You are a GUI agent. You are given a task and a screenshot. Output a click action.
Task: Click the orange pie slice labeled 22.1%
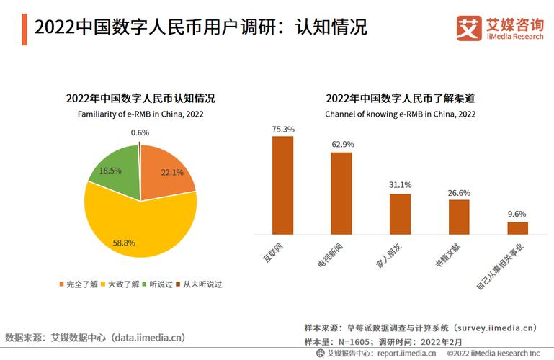(x=168, y=169)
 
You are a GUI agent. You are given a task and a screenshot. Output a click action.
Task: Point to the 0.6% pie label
(x=140, y=132)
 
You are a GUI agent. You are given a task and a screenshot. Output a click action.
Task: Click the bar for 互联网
(x=282, y=185)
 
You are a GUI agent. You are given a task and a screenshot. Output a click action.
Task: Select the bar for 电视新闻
(x=341, y=193)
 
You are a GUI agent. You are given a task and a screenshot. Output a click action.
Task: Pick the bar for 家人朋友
(x=400, y=214)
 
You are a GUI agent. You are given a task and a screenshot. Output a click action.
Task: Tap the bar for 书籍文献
(x=459, y=217)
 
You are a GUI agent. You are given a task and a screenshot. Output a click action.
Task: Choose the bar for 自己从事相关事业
(x=517, y=228)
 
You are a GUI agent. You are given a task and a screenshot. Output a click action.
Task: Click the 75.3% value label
(x=282, y=129)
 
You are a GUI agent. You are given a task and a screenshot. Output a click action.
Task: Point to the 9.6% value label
(x=517, y=214)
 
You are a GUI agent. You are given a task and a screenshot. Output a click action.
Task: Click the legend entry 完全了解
(x=80, y=284)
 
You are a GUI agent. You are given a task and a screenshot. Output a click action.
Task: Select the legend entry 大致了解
(x=122, y=284)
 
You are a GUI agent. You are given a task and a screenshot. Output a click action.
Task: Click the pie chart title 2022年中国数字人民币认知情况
(x=140, y=99)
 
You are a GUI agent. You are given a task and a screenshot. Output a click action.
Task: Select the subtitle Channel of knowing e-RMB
(x=400, y=114)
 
